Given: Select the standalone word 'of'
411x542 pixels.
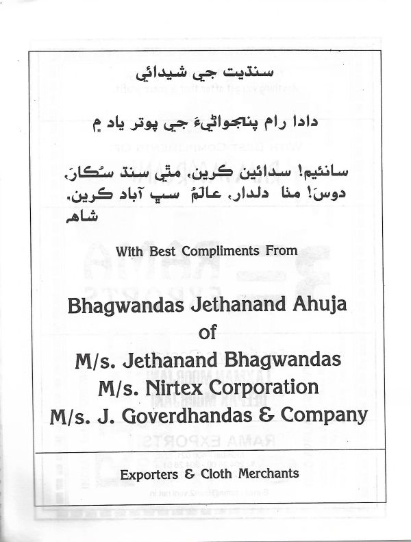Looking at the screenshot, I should tap(206, 333).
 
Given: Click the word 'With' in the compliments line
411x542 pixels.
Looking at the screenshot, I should tap(130, 251).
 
